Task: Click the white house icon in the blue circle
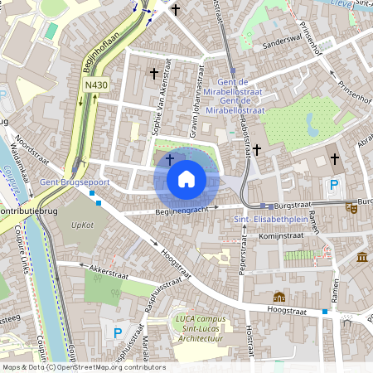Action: coord(186,179)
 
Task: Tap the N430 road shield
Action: coord(96,85)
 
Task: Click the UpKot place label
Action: coord(82,225)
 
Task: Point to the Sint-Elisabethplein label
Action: coord(267,219)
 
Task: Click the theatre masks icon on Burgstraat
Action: coord(352,210)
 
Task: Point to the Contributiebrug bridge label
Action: coord(22,212)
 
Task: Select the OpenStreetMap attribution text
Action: coord(84,366)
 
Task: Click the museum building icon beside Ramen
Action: coord(362,259)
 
